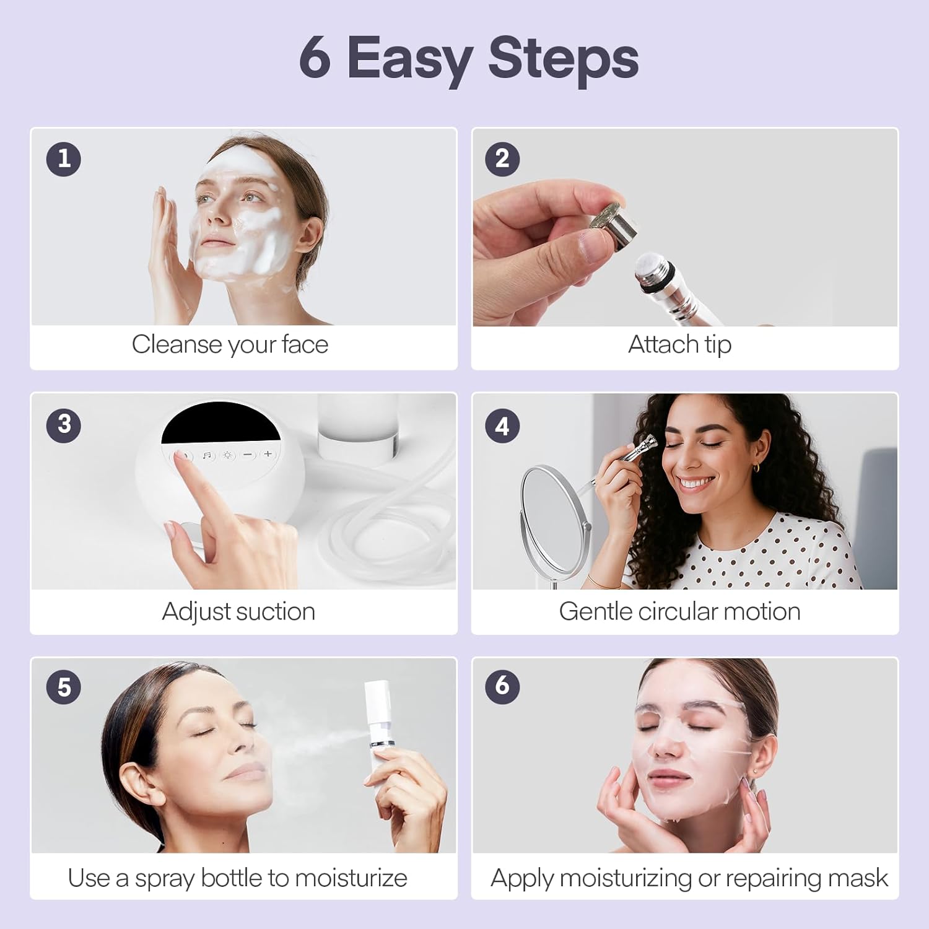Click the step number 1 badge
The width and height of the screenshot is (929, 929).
click(x=64, y=159)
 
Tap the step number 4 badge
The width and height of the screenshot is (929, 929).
click(x=502, y=426)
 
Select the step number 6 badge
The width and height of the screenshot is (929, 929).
click(x=502, y=686)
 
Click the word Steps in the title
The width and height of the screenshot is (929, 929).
click(x=563, y=59)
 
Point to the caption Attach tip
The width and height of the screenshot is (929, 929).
click(x=679, y=344)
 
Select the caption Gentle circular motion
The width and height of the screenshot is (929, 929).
click(x=679, y=612)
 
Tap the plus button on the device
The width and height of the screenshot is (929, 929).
click(x=268, y=454)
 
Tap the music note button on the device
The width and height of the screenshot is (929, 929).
click(x=207, y=455)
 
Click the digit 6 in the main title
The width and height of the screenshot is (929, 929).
click(x=315, y=59)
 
